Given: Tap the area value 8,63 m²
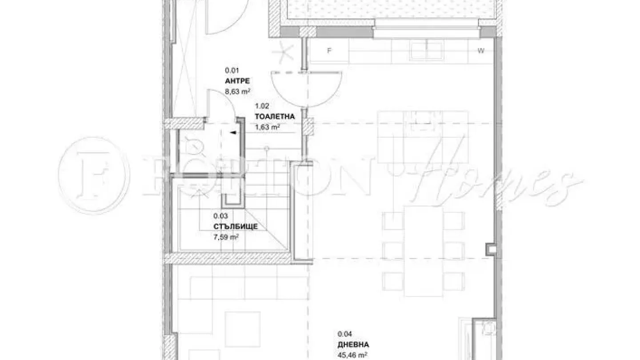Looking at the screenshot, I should (x=238, y=92).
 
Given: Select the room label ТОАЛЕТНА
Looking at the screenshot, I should (x=275, y=117).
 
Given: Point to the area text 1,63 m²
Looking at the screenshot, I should (x=267, y=127).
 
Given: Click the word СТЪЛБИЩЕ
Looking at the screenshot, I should (x=235, y=227).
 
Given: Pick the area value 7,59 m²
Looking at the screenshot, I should (x=226, y=237).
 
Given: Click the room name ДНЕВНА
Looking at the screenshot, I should (x=353, y=344).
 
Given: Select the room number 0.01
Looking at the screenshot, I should (x=232, y=70).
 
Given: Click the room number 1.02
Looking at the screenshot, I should (x=262, y=106).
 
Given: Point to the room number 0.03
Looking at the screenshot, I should (x=220, y=216).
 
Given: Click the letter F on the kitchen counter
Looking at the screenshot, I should (x=329, y=51).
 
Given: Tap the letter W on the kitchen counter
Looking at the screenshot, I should (x=480, y=51).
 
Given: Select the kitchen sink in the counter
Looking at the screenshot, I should (x=426, y=51).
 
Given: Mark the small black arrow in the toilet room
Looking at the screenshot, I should (x=232, y=132).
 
